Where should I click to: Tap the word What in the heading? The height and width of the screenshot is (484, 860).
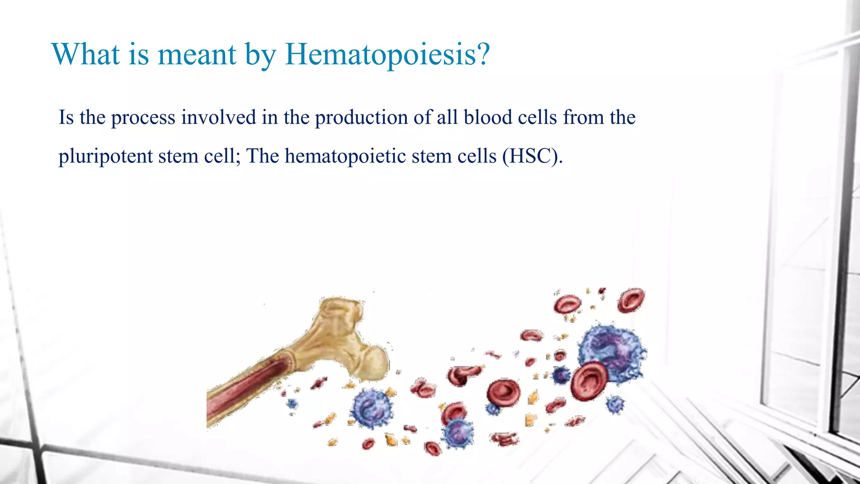pyautogui.click(x=86, y=55)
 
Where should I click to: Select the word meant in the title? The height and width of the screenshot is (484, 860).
pyautogui.click(x=197, y=55)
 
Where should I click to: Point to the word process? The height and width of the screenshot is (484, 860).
pyautogui.click(x=143, y=118)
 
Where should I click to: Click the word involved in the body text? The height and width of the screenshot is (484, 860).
pyautogui.click(x=218, y=117)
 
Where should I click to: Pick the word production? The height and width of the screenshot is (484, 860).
pyautogui.click(x=361, y=118)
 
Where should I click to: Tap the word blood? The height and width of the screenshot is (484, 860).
pyautogui.click(x=487, y=117)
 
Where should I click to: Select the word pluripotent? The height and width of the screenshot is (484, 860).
pyautogui.click(x=105, y=157)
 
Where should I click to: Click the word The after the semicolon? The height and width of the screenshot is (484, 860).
pyautogui.click(x=262, y=156)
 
